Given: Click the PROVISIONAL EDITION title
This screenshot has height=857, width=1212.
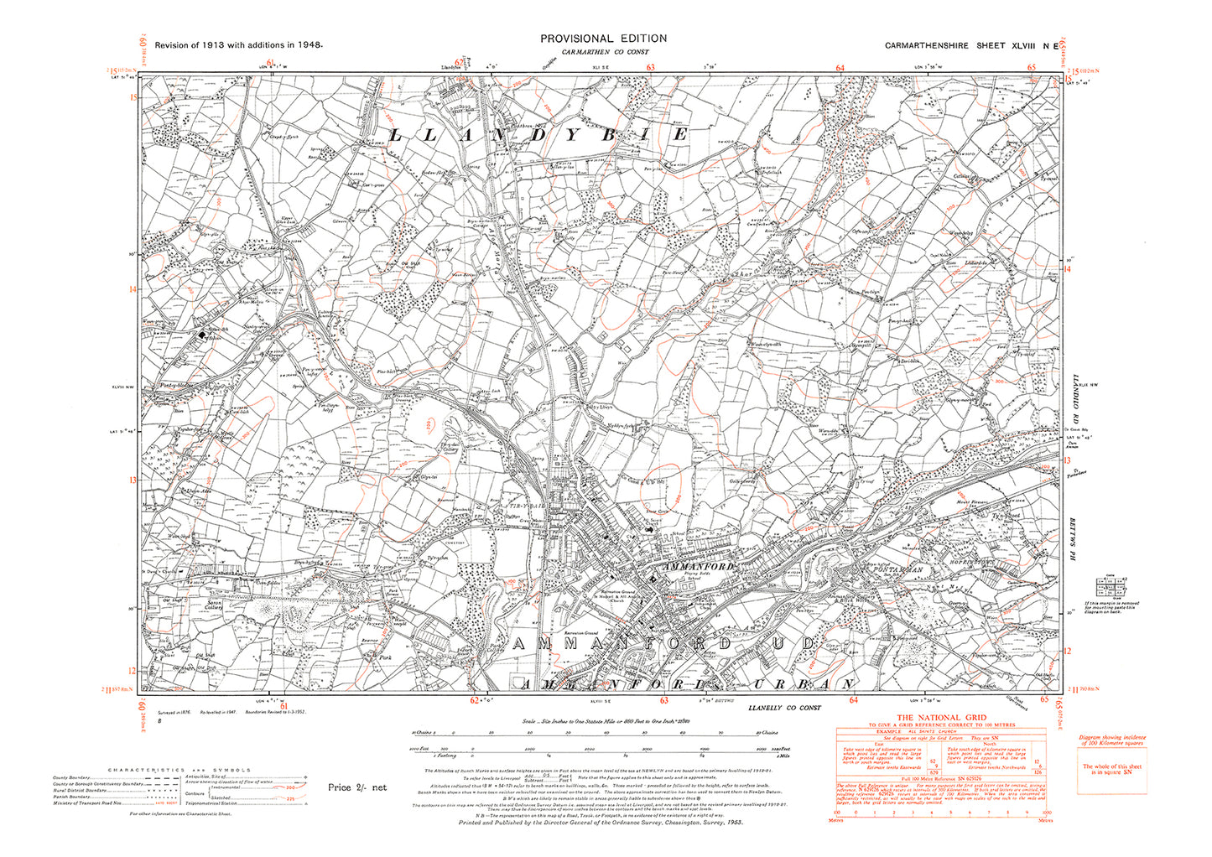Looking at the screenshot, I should [x=603, y=39].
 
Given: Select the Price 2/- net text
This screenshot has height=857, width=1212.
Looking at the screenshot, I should [x=357, y=787].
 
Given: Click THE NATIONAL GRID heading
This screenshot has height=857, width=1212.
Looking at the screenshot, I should [x=942, y=718].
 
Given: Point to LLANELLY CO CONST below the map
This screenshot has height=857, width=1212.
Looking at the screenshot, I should [x=784, y=708].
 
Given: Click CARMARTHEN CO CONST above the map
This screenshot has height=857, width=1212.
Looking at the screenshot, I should [x=604, y=53].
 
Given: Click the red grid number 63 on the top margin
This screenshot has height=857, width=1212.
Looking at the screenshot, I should [x=650, y=68].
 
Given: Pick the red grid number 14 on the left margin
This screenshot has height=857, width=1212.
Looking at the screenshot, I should [x=132, y=289].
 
